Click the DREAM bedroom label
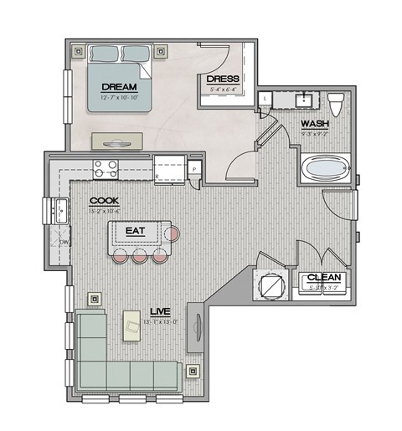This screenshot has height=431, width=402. [119, 86]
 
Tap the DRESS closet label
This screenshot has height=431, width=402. [221, 80]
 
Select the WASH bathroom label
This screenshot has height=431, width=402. [315, 124]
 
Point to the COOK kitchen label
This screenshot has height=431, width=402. [104, 200]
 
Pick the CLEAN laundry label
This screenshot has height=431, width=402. [322, 278]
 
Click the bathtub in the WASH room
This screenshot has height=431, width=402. [324, 170]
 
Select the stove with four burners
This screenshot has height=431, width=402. [106, 169]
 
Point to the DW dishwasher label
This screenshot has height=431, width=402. [64, 243]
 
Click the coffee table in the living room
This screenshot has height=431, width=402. [131, 326]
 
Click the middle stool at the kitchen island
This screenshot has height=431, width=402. [139, 256]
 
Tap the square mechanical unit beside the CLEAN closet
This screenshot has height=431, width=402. [273, 285]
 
